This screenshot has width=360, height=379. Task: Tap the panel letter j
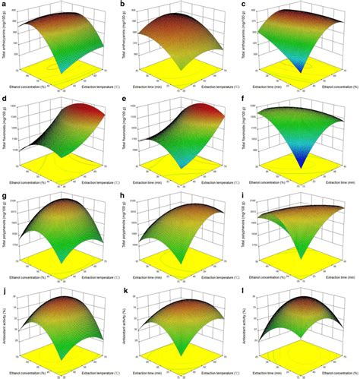[4, 289]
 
